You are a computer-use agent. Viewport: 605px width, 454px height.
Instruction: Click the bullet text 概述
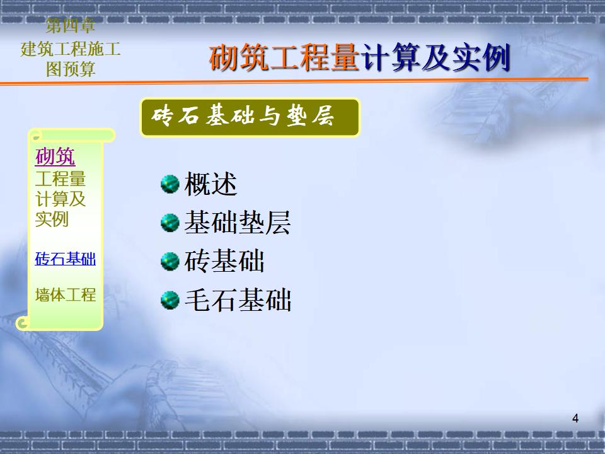[210, 183]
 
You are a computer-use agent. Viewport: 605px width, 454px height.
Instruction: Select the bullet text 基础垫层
[238, 223]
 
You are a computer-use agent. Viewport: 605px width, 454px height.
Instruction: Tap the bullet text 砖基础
[224, 261]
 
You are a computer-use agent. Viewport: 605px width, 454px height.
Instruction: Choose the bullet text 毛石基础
[238, 300]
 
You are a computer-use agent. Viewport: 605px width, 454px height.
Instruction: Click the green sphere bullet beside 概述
[170, 183]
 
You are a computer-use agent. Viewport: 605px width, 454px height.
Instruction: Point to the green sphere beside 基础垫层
[170, 223]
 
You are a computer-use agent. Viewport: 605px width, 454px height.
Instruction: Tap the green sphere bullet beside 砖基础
[170, 261]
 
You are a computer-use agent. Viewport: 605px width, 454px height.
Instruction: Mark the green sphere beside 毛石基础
[170, 300]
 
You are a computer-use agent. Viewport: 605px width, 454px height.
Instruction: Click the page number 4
[575, 419]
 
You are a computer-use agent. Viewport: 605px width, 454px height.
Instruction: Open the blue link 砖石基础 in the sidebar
[65, 259]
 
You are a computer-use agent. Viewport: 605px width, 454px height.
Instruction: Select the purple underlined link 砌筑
[55, 156]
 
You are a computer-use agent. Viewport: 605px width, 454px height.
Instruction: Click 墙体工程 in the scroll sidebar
[65, 294]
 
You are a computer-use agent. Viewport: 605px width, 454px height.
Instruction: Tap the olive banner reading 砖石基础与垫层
[250, 117]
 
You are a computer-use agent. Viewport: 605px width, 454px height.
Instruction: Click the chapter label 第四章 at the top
[70, 26]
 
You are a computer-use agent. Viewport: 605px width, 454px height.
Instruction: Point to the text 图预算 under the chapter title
[70, 69]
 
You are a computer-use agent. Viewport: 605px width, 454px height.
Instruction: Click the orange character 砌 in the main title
[224, 57]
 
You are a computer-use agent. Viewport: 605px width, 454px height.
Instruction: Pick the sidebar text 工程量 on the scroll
[60, 179]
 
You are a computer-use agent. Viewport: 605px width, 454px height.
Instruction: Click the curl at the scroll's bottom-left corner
[23, 323]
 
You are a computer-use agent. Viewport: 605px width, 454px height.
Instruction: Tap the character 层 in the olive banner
[323, 116]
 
